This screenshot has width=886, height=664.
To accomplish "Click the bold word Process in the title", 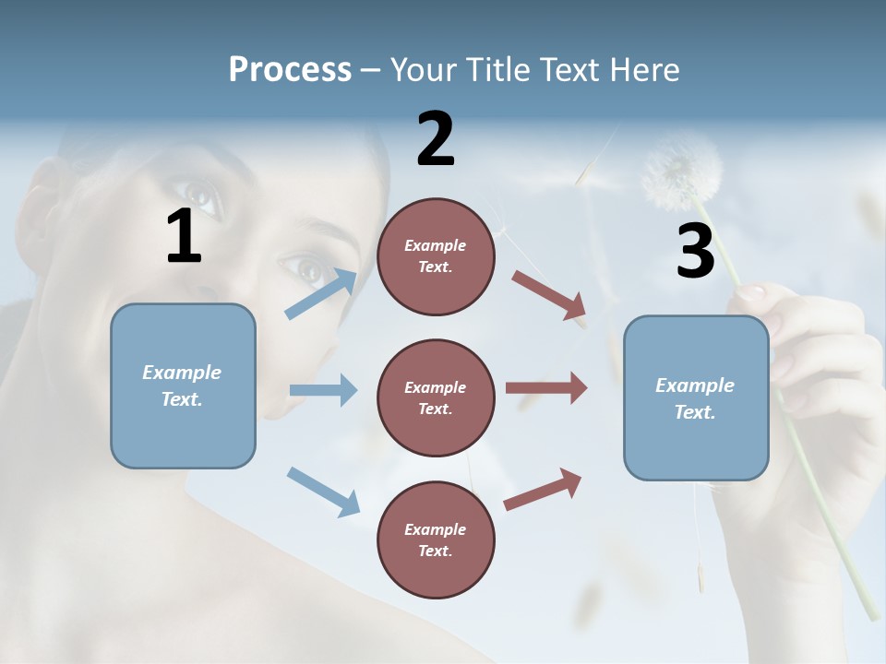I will pyautogui.click(x=290, y=69).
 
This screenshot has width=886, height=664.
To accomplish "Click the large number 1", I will pyautogui.click(x=184, y=236).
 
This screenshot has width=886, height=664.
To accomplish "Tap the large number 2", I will pyautogui.click(x=436, y=138).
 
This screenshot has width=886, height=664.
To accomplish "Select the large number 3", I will pyautogui.click(x=695, y=251).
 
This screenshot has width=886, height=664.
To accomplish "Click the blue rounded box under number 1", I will pyautogui.click(x=183, y=385).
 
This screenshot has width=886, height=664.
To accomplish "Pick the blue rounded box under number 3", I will pyautogui.click(x=696, y=398).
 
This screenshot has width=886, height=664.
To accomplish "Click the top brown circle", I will pyautogui.click(x=436, y=256).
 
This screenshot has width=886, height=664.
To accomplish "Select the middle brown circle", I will pyautogui.click(x=436, y=397).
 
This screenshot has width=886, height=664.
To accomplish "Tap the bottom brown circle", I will pyautogui.click(x=436, y=539).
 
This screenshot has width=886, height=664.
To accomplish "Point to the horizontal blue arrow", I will pyautogui.click(x=323, y=390).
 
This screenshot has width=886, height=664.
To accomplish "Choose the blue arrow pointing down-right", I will pyautogui.click(x=323, y=491).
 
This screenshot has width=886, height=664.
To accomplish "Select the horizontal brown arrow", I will pyautogui.click(x=546, y=388).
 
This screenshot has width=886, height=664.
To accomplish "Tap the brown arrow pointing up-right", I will pyautogui.click(x=543, y=490).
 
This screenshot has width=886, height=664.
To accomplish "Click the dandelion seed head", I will pyautogui.click(x=681, y=172).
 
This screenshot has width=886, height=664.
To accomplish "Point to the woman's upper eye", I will pyautogui.click(x=200, y=195).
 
